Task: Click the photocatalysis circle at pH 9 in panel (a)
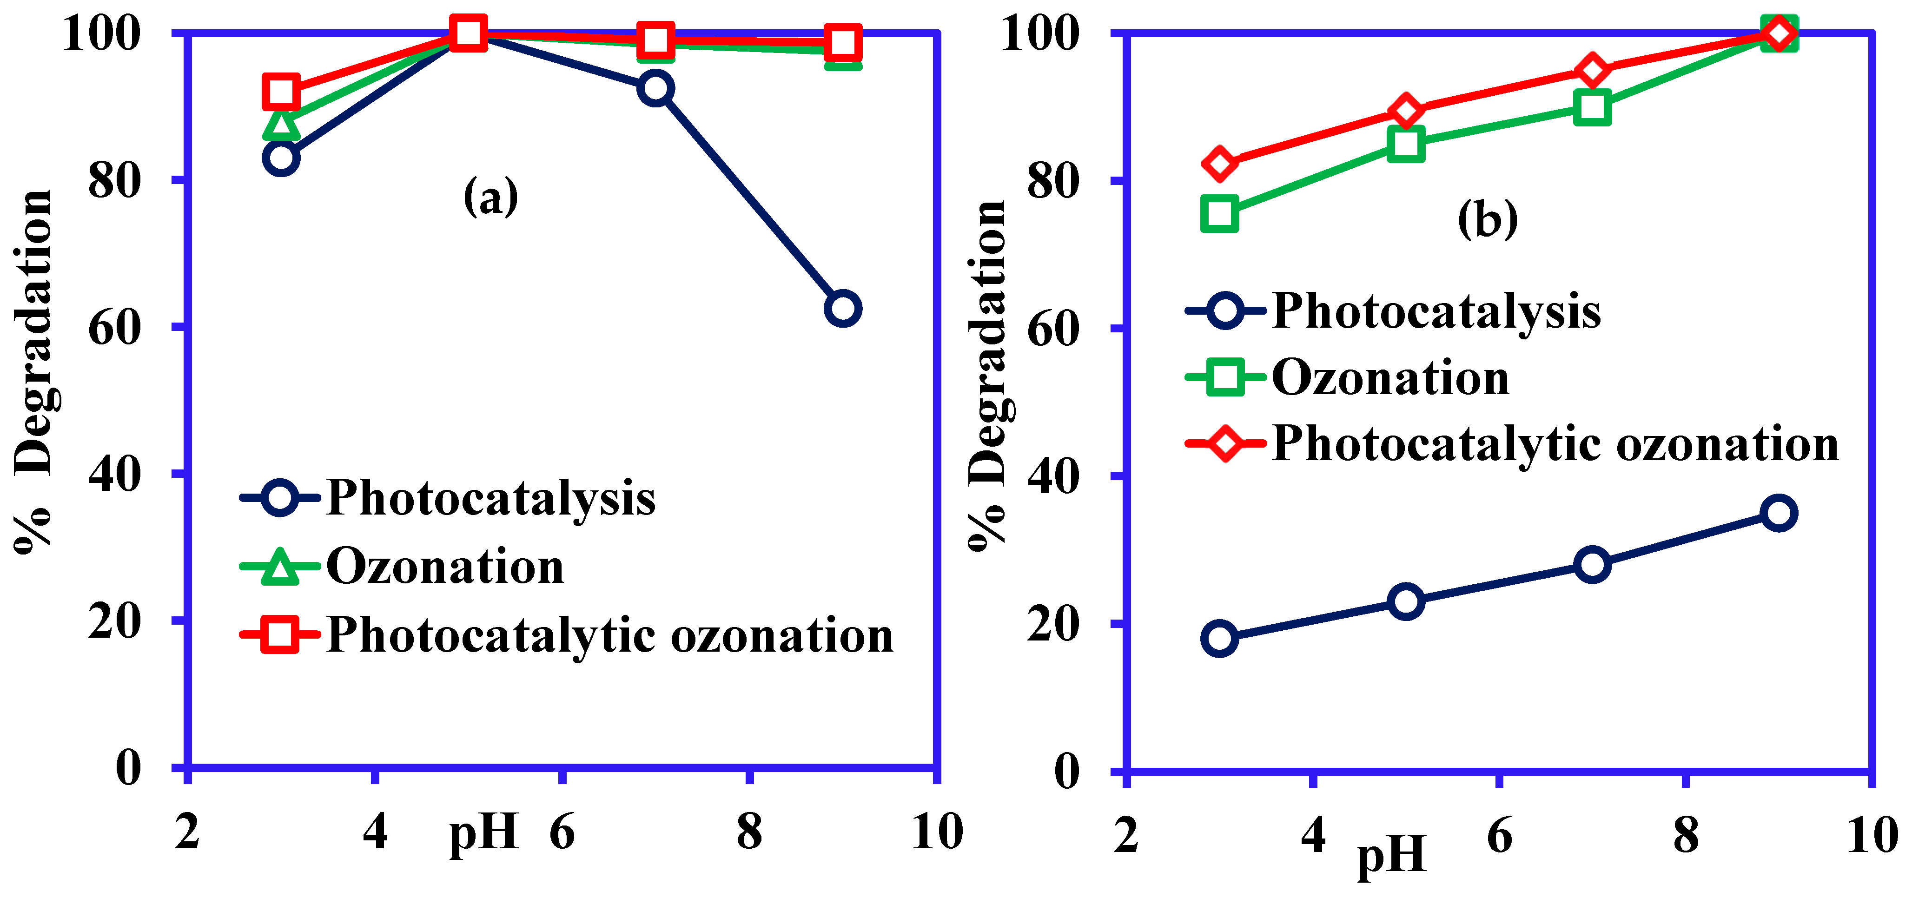tap(842, 308)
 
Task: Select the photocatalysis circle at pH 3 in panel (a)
tap(281, 157)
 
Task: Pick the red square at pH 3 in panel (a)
tap(281, 92)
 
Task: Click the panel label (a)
tap(490, 198)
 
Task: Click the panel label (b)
tap(1488, 220)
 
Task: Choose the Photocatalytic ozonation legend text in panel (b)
tap(1555, 444)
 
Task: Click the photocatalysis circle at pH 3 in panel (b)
tap(1219, 638)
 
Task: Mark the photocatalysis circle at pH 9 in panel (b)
tap(1779, 513)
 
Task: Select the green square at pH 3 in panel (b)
tap(1219, 214)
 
